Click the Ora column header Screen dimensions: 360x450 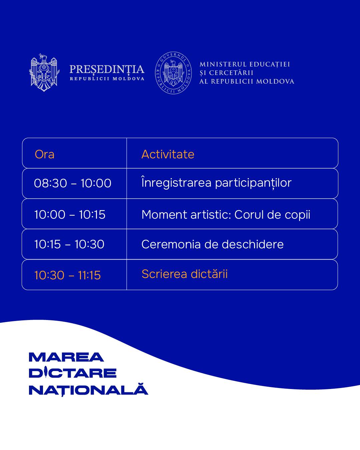45,155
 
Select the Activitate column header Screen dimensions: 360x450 168,155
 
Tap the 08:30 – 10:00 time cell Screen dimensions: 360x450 73,183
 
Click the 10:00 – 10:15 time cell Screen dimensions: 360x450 70,215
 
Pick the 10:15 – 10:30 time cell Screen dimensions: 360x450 69,244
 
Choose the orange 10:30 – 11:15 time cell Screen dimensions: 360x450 68,275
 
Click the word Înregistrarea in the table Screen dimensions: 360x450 176,182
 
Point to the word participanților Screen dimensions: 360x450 253,183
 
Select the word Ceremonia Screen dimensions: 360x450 171,244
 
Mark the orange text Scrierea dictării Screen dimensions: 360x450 184,274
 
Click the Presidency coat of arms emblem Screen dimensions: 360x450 44,72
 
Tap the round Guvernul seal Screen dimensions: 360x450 173,73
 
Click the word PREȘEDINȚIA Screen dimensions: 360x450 107,69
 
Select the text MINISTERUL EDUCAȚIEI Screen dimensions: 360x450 245,64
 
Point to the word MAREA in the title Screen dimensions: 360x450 66,357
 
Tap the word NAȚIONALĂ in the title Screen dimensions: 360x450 88,389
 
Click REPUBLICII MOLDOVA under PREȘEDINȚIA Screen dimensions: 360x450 107,79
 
